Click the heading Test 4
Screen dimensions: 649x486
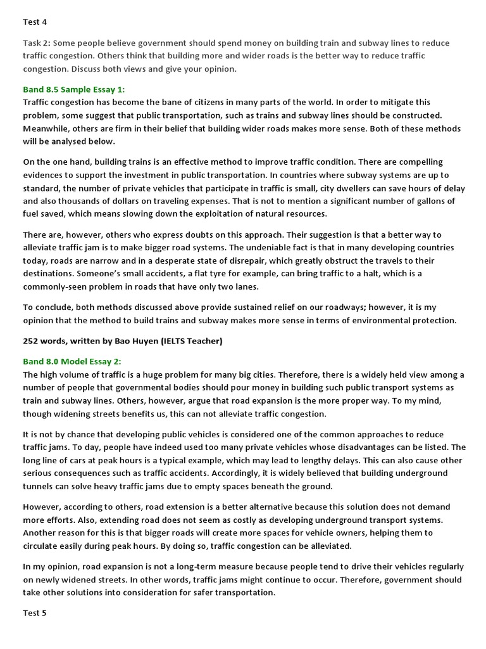[x=35, y=22]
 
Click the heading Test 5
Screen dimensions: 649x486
[x=35, y=614]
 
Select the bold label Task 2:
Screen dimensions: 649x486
[x=37, y=43]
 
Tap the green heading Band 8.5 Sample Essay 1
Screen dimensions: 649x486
[x=78, y=89]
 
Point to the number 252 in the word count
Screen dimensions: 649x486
[x=31, y=341]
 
